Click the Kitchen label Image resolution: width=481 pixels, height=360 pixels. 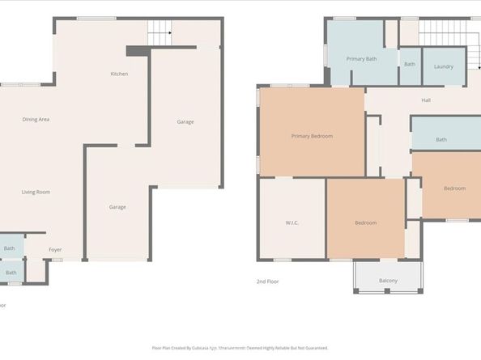[119, 74]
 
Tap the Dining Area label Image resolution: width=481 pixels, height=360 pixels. [36, 120]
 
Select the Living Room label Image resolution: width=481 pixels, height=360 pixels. [36, 192]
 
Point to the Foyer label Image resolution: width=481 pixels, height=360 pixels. [55, 250]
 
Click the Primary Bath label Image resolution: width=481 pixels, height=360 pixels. [361, 59]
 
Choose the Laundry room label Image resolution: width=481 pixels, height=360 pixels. [443, 66]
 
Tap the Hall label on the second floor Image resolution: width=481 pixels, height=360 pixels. [425, 100]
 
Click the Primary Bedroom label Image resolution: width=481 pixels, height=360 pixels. [312, 136]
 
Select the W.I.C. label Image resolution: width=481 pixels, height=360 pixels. [292, 222]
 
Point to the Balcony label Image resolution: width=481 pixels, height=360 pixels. [388, 281]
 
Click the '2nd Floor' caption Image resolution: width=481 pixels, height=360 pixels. [268, 281]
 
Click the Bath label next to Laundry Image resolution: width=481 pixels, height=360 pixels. [410, 65]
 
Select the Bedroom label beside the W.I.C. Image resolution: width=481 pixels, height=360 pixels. [365, 222]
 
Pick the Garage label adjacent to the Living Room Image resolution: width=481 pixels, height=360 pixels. [117, 207]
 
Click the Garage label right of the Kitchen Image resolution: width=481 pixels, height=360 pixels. [185, 122]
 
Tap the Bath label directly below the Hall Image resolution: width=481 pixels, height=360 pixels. [441, 139]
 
